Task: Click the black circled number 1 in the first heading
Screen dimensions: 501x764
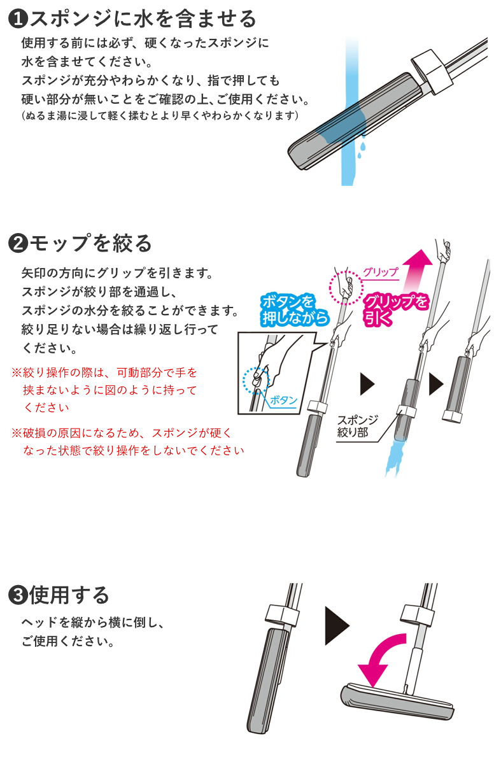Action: pyautogui.click(x=17, y=19)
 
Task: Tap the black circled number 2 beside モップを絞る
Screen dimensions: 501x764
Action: pyautogui.click(x=17, y=243)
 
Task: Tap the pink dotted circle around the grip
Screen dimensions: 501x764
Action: pyautogui.click(x=346, y=288)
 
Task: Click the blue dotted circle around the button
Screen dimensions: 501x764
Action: pyautogui.click(x=257, y=380)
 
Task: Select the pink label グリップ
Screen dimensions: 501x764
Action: pyautogui.click(x=381, y=272)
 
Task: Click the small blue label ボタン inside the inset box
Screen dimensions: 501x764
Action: pyautogui.click(x=283, y=400)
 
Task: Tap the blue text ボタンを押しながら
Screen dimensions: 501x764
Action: pyautogui.click(x=295, y=309)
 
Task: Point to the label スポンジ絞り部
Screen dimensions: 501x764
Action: pyautogui.click(x=357, y=426)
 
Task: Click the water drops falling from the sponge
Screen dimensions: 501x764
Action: pyautogui.click(x=362, y=150)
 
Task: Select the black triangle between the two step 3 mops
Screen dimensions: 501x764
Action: pyautogui.click(x=337, y=625)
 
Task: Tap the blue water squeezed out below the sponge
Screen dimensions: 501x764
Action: pyautogui.click(x=395, y=457)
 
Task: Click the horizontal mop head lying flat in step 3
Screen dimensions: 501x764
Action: pyautogui.click(x=397, y=701)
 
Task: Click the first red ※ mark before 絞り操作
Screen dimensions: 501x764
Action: pyautogui.click(x=17, y=372)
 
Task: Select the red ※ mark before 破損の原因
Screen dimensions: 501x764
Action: pyautogui.click(x=17, y=433)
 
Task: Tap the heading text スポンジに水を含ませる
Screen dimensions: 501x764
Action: pyautogui.click(x=143, y=19)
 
